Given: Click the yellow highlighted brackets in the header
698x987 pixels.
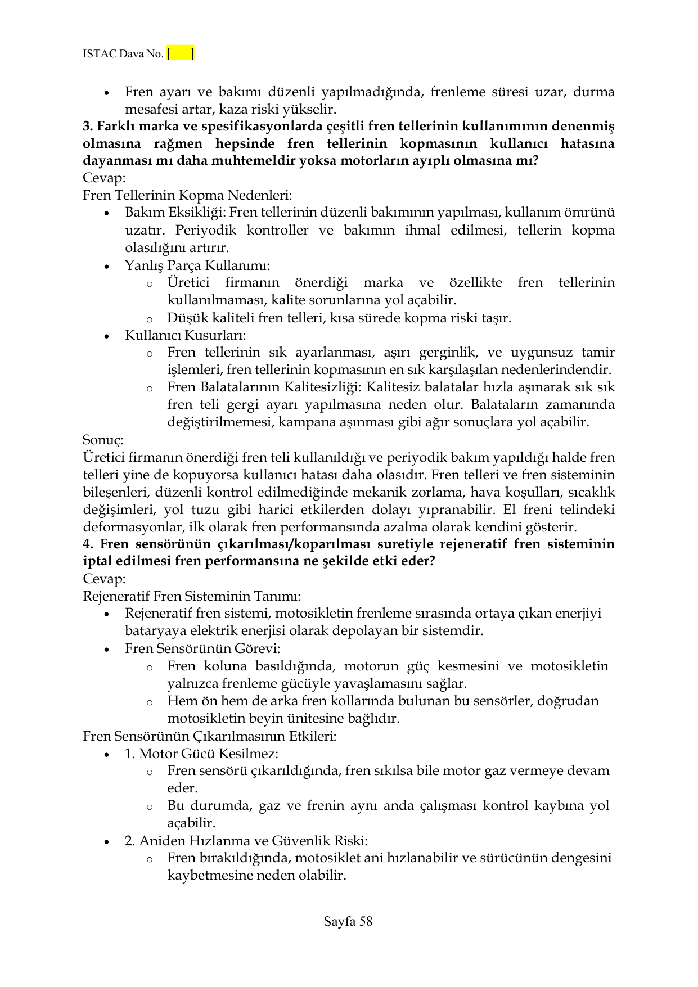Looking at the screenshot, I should (x=181, y=54).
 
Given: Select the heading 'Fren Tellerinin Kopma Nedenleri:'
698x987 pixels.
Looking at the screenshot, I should (x=187, y=195).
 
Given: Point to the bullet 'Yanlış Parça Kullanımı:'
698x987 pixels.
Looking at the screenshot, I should (x=197, y=265).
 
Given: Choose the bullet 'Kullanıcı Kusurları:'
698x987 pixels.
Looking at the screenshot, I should (x=185, y=335).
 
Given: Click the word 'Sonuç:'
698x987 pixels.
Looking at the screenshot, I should (x=103, y=439).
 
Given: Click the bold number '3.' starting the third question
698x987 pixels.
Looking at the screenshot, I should (x=88, y=126).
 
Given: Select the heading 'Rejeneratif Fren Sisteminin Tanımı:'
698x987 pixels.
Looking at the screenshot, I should (x=192, y=596).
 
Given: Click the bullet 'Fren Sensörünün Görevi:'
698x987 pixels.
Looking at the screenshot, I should (x=202, y=648).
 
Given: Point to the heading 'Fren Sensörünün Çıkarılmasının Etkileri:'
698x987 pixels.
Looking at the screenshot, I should (x=209, y=736).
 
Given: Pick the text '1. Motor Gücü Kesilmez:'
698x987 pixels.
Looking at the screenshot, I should (x=201, y=753).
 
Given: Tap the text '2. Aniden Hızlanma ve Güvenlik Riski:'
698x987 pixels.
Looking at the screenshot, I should (x=246, y=841).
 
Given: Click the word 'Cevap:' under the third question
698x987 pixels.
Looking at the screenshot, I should (x=104, y=178).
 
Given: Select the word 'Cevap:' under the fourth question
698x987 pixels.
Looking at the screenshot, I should (x=104, y=578).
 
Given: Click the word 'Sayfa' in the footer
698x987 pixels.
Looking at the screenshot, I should (x=340, y=921).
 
